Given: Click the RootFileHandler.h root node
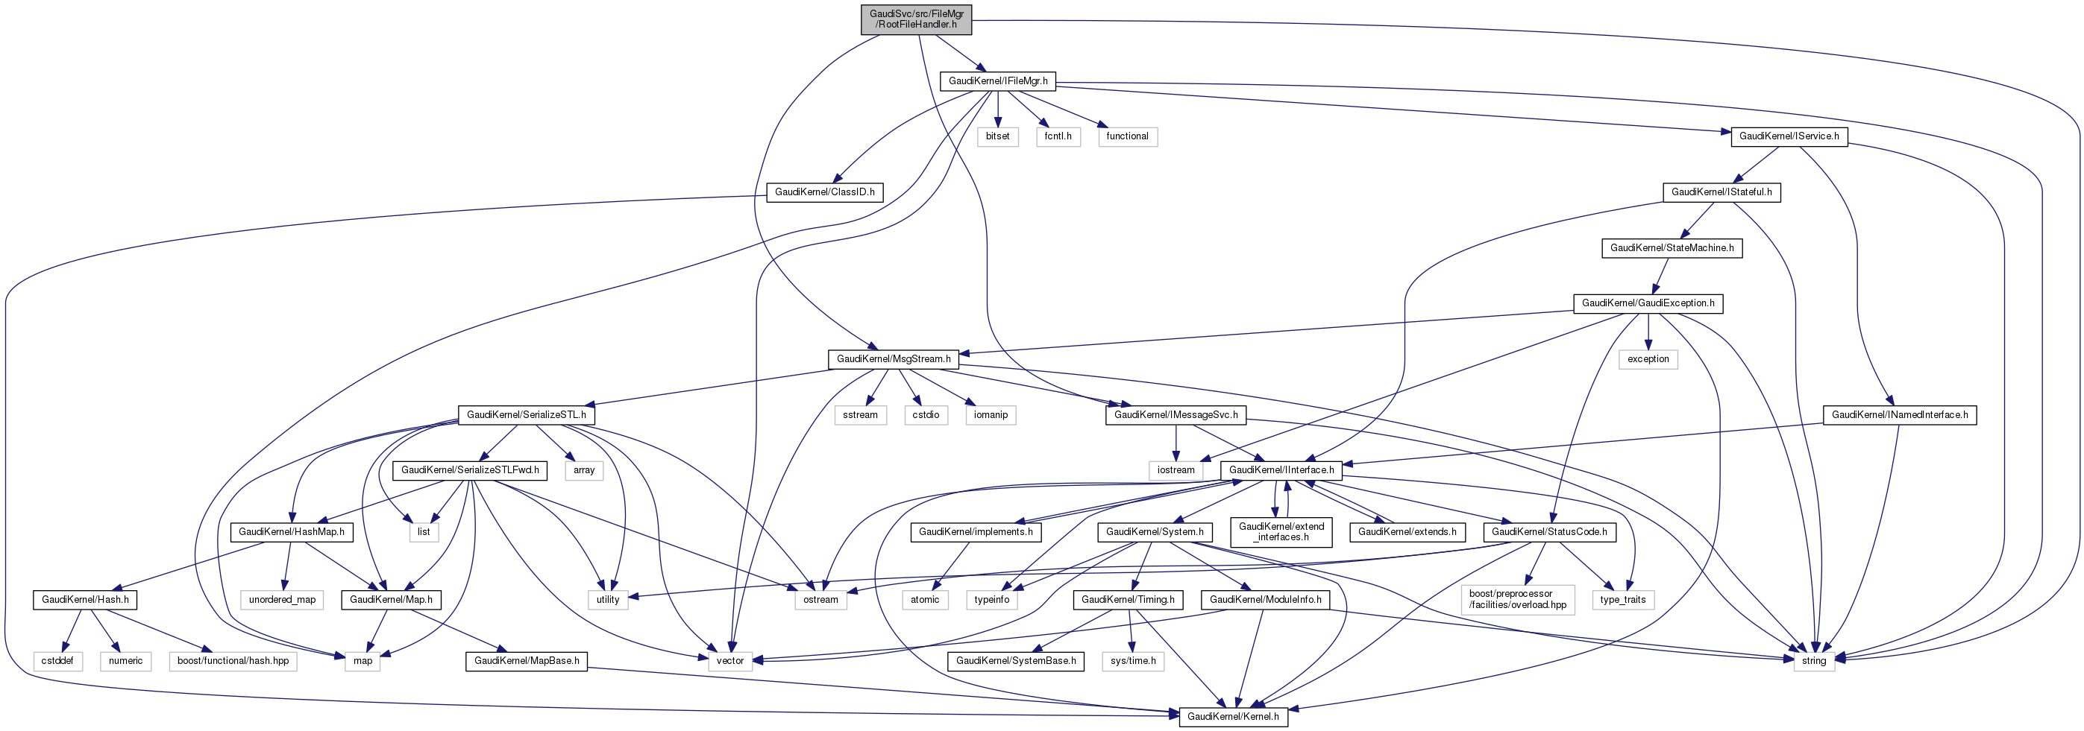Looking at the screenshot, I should tap(917, 19).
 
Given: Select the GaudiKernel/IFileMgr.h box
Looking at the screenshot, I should tap(997, 81).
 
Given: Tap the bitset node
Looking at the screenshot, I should tap(997, 136).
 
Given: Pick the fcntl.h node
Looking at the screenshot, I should tap(1058, 136).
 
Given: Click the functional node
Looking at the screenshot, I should tap(1127, 136).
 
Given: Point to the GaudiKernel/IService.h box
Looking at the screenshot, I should tap(1789, 136).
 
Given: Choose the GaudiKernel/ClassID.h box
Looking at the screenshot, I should tap(824, 192).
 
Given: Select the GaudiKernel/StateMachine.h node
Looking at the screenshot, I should tap(1672, 248).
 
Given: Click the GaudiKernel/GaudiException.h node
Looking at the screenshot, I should tap(1648, 303).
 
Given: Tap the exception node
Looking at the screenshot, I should tap(1648, 359).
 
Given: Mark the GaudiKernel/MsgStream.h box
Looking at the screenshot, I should tap(893, 359).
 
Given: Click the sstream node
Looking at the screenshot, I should tap(860, 415).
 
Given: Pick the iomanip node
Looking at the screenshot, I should tap(991, 415).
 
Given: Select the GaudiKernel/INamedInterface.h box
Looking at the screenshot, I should tap(1900, 415).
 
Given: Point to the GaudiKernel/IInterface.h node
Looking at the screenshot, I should tap(1281, 469).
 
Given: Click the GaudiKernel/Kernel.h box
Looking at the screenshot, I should tap(1233, 716).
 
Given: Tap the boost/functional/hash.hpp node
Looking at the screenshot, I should tap(233, 662).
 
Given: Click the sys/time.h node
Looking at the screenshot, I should tap(1132, 662).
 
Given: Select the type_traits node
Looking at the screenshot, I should tap(1623, 600).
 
